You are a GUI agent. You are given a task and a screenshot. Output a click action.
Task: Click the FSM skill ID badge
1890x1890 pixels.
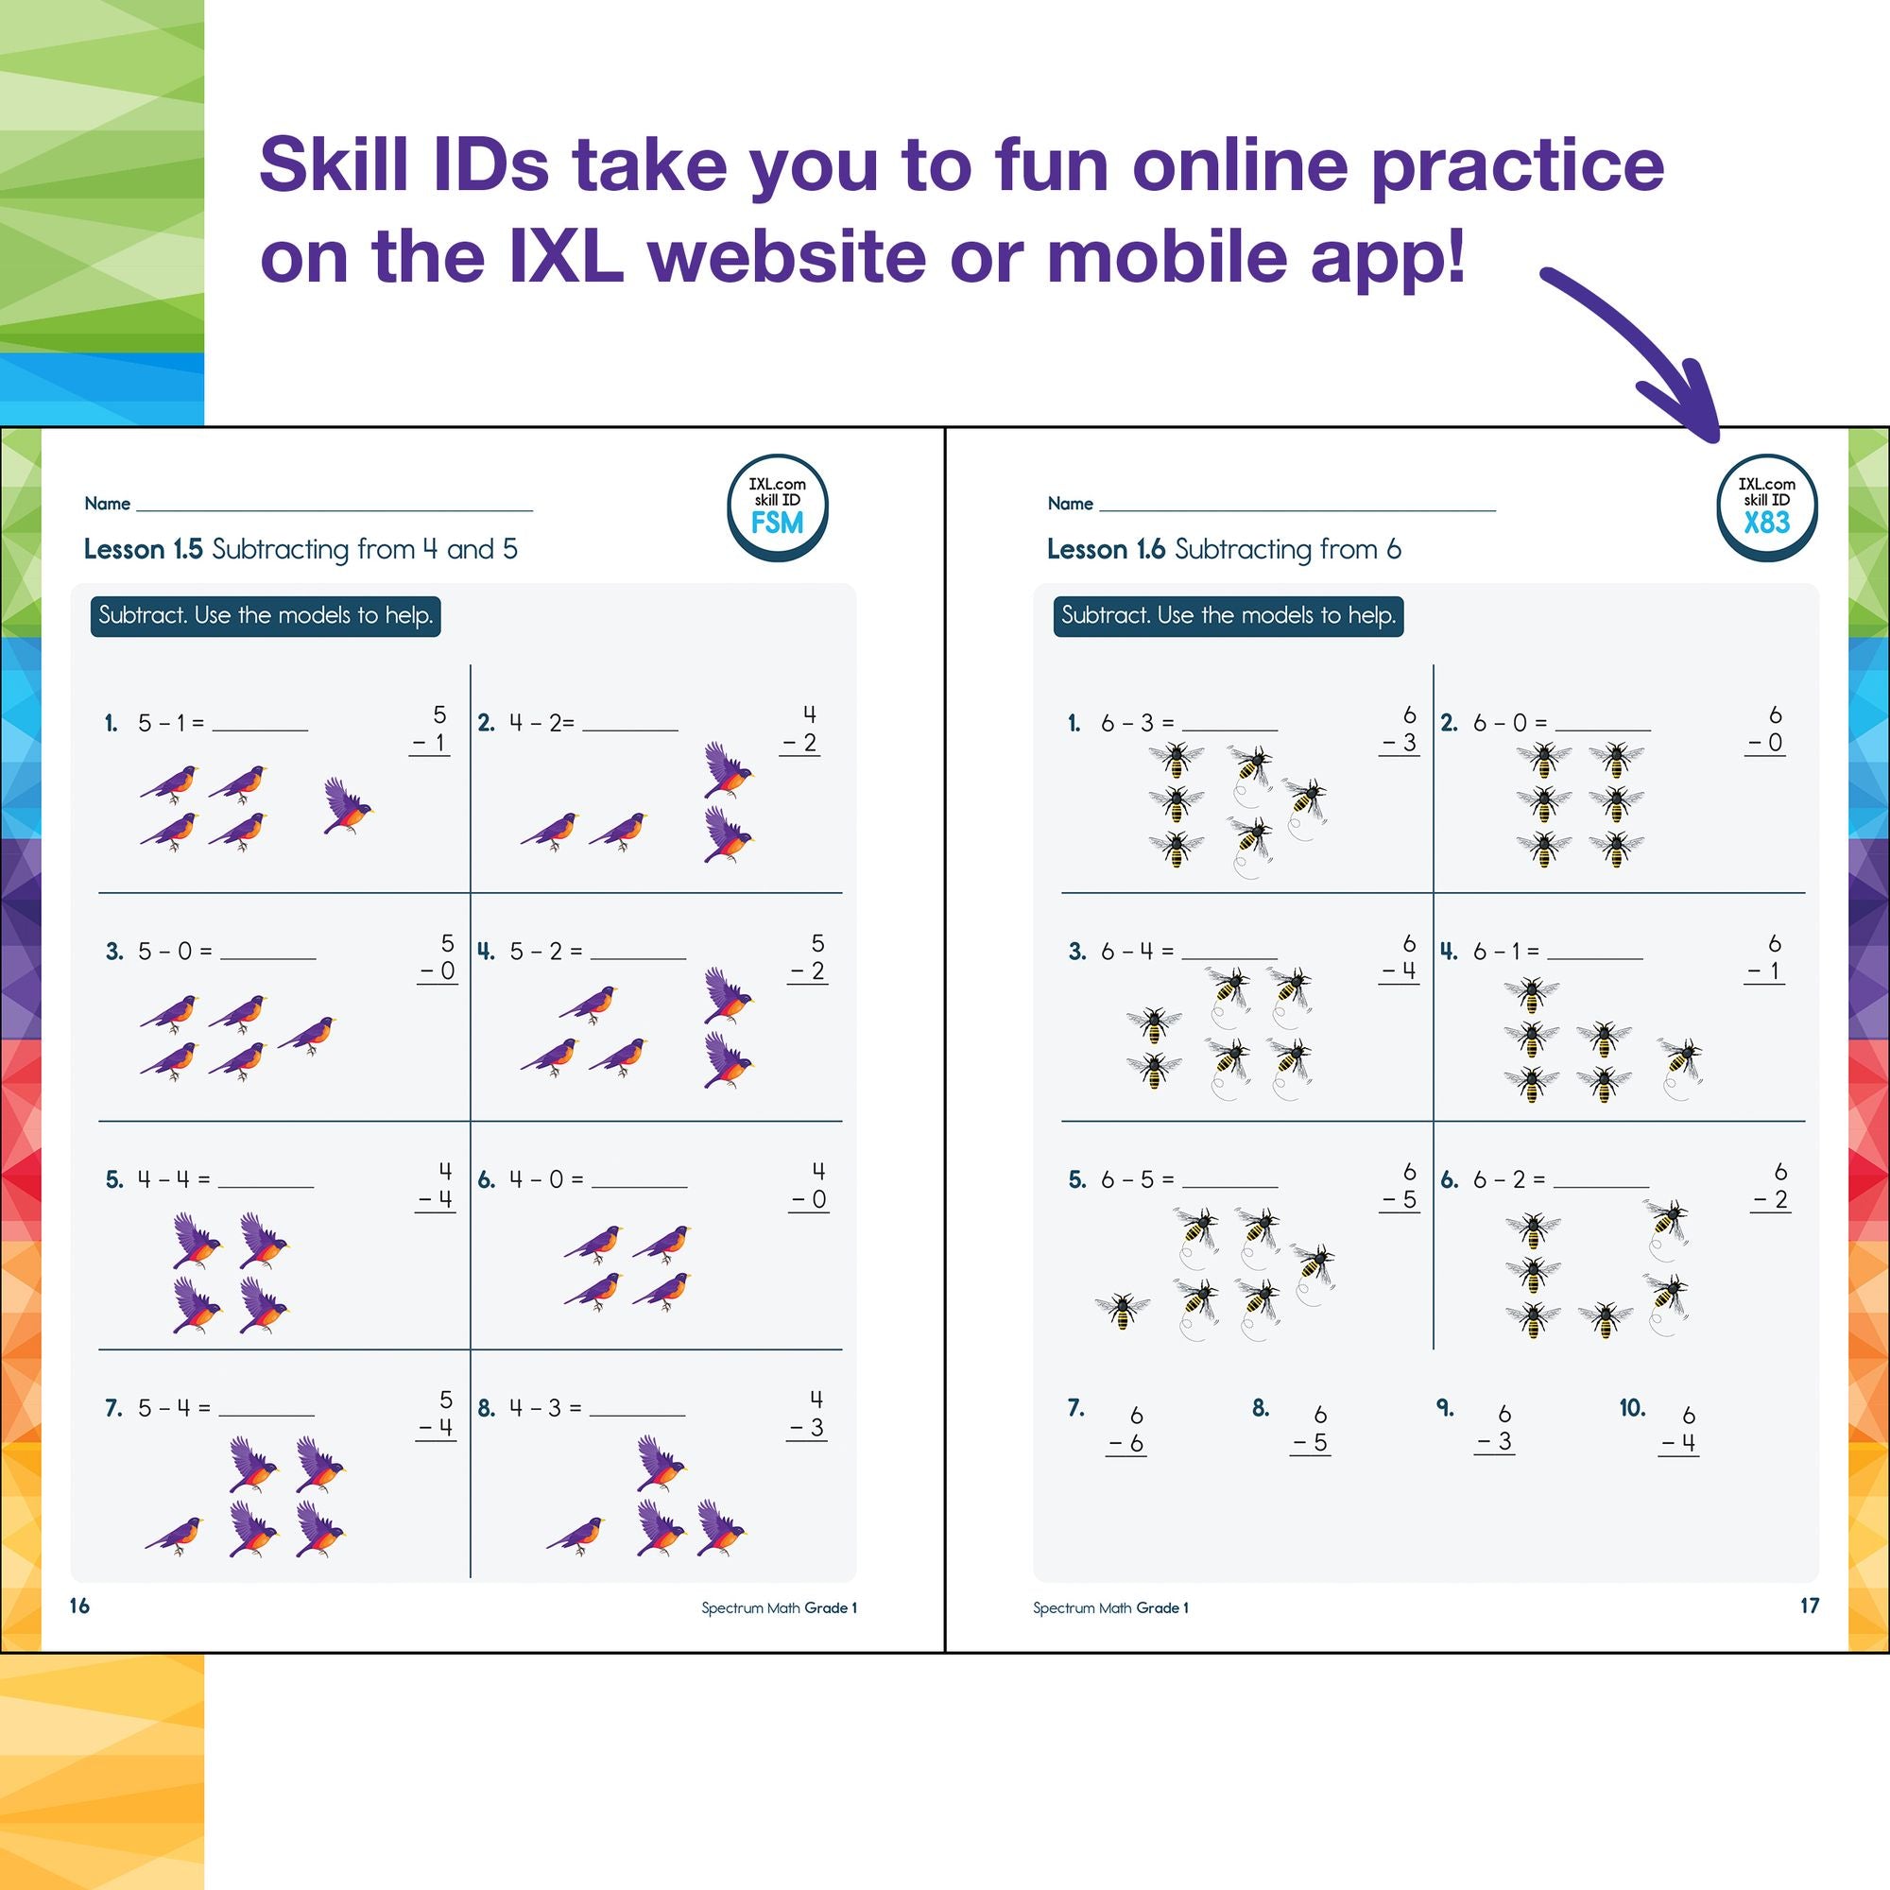coord(777,507)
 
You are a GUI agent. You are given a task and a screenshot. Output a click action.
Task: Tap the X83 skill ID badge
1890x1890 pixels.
coord(1767,507)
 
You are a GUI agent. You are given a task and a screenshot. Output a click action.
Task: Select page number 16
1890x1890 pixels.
coord(80,1606)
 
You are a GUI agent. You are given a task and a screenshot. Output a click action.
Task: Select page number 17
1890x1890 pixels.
coord(1809,1606)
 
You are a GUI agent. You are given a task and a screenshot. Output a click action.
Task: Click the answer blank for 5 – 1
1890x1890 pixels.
coord(260,724)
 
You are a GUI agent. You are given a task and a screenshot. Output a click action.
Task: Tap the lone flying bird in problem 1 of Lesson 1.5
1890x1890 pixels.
coord(346,806)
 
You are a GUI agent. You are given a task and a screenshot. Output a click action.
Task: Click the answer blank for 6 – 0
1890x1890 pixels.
coord(1603,724)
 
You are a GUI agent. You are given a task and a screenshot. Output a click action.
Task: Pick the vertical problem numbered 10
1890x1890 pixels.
coord(1676,1429)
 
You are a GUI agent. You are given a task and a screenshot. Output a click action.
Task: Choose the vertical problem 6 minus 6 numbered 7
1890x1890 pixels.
coord(1125,1429)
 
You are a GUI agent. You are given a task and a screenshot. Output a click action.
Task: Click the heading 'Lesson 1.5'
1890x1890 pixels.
coord(143,550)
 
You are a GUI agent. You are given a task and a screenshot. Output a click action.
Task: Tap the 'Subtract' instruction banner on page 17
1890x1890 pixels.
coord(1228,616)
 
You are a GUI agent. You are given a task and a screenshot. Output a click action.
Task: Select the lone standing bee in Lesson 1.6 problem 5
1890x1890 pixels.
coord(1122,1309)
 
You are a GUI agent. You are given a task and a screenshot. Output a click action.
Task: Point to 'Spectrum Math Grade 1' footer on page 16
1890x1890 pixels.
coord(779,1607)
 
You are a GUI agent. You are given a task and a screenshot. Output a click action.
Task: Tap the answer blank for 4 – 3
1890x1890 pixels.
coord(637,1409)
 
